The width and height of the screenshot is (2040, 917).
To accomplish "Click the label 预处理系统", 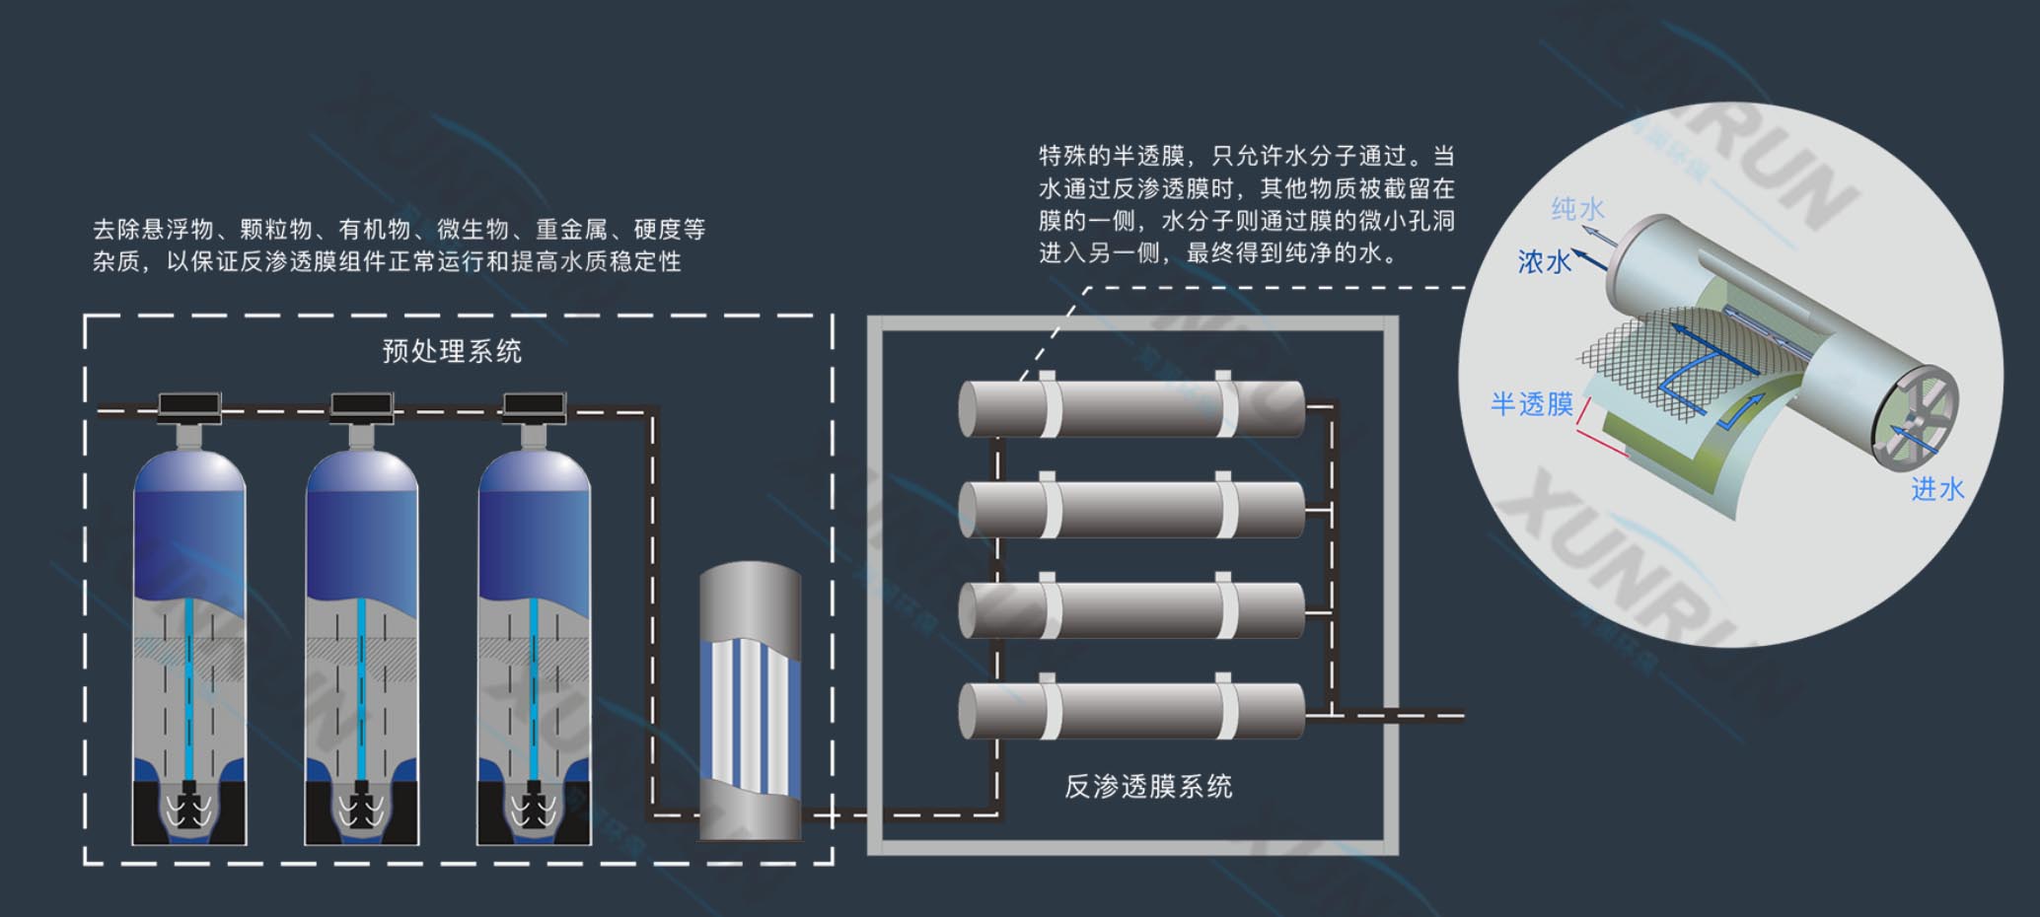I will [x=452, y=351].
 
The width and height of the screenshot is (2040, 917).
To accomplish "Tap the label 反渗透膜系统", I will [x=1148, y=786].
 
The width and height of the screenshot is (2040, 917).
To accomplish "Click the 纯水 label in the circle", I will [x=1577, y=209].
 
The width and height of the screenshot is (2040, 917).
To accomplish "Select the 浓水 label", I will [x=1544, y=261].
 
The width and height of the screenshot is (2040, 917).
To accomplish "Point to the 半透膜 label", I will [x=1531, y=404].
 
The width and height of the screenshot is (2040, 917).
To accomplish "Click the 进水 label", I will [x=1937, y=489].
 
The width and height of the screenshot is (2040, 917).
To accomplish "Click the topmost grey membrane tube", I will [x=1131, y=408].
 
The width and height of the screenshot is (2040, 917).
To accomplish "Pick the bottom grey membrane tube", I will [x=1131, y=710].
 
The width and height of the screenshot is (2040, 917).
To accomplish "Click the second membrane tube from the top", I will [x=1131, y=509].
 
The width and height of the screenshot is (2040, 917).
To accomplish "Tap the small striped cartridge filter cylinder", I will [x=750, y=702].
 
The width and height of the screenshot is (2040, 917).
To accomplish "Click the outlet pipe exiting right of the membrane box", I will [x=1401, y=716].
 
